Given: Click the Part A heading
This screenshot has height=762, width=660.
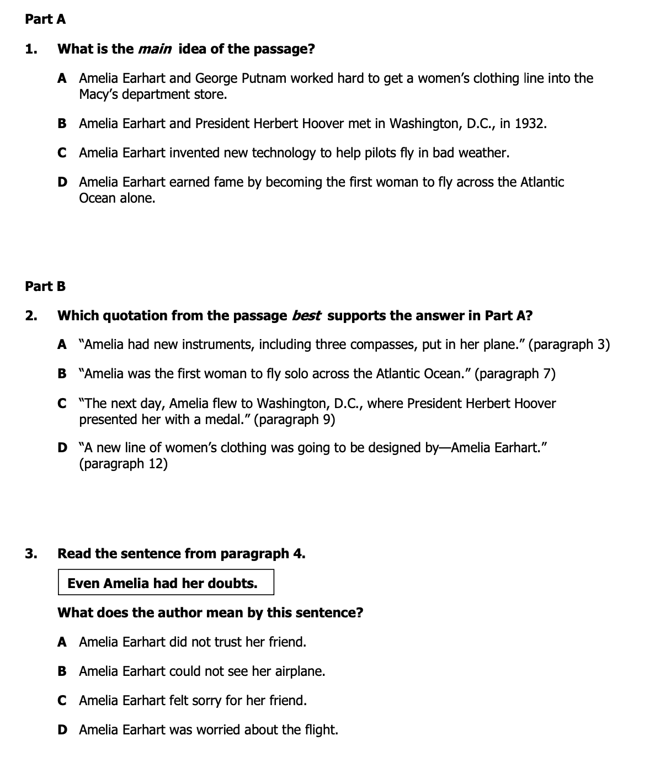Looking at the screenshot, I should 45,19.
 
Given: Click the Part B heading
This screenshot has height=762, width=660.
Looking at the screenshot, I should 45,286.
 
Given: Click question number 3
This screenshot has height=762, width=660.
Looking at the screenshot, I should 31,553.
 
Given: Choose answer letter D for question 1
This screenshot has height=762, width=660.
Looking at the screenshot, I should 63,182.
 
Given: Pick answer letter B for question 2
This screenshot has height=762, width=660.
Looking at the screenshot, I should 63,374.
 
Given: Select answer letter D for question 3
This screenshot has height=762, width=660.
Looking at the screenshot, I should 63,730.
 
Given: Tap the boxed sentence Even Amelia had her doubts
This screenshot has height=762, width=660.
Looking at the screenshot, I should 163,583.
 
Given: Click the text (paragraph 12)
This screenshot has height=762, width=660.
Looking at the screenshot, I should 123,464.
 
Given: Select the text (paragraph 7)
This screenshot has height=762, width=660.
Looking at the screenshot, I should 514,374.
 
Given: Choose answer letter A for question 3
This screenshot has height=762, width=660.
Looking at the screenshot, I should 63,642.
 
